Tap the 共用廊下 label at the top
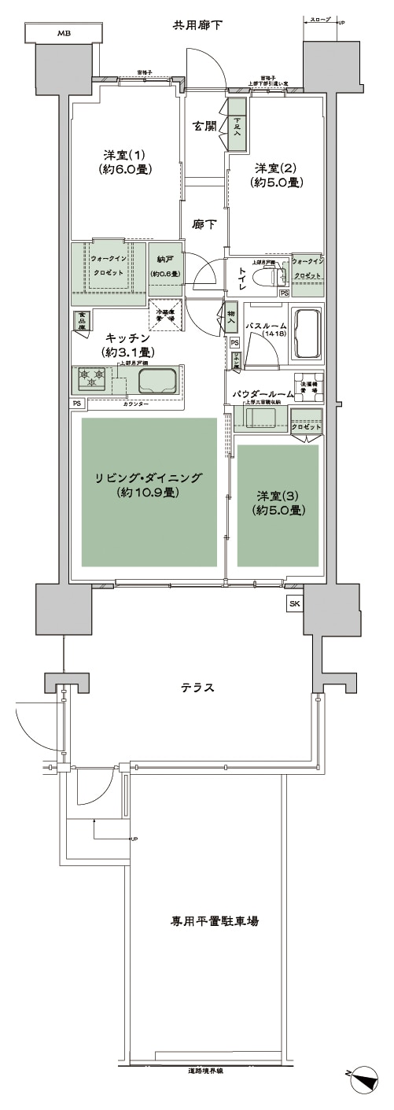click(x=197, y=26)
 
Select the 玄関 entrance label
click(x=205, y=125)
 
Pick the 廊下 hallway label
click(x=204, y=223)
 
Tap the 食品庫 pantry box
click(x=81, y=319)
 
